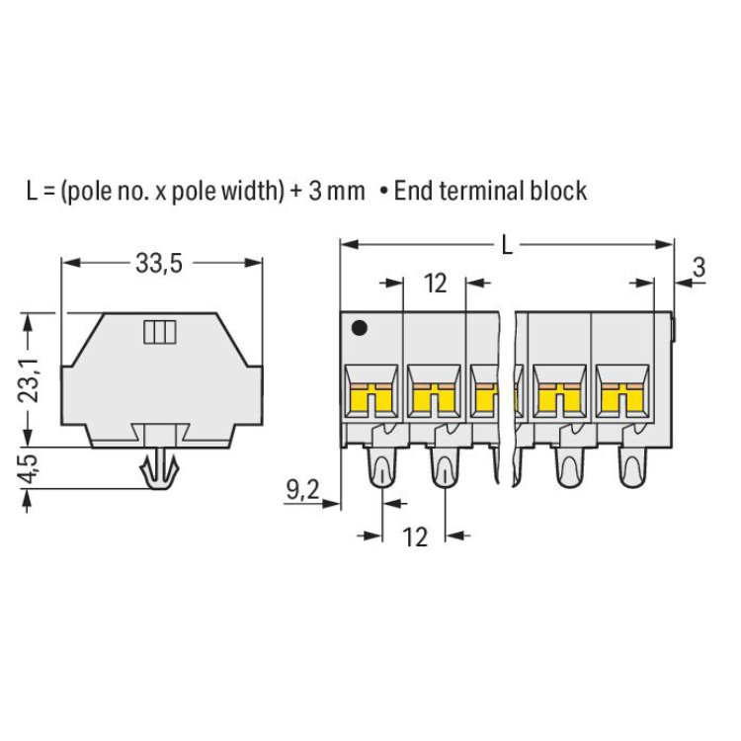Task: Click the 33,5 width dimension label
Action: [x=159, y=263]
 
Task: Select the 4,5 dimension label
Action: [x=28, y=468]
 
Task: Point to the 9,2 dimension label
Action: [x=303, y=490]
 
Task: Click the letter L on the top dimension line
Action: [x=507, y=245]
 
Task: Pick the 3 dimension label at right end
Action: [x=699, y=267]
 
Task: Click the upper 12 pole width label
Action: [x=435, y=284]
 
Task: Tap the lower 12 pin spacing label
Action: [x=415, y=536]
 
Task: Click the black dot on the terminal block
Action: [x=360, y=327]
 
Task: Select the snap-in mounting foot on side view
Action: [x=159, y=468]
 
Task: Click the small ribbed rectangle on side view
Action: [x=160, y=332]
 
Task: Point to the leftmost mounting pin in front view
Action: [x=381, y=467]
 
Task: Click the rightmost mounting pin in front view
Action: [x=632, y=467]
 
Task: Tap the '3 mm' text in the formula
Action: [x=337, y=192]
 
